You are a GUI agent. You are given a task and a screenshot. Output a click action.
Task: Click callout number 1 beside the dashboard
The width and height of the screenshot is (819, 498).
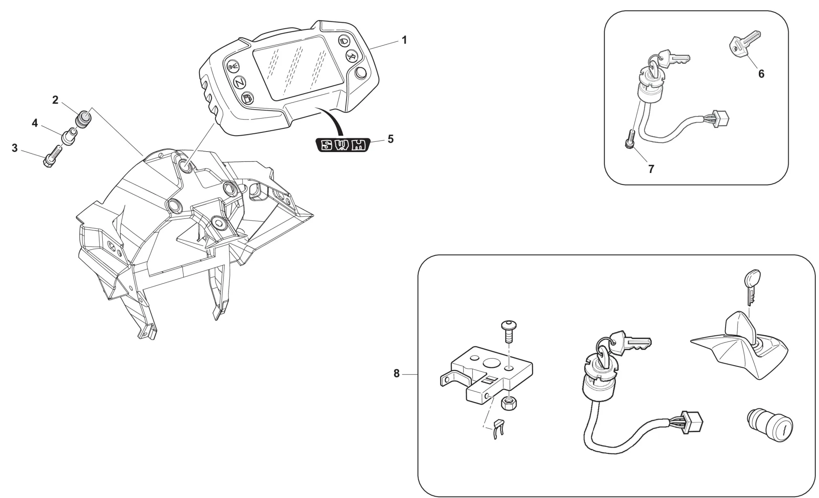coord(404,40)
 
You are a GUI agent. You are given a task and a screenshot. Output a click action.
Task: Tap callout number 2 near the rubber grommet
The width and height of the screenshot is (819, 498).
coord(55,100)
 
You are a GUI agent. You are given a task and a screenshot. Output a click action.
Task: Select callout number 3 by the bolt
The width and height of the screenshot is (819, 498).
coord(15,148)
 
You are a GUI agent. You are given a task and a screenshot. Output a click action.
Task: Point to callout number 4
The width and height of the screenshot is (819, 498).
coord(35,123)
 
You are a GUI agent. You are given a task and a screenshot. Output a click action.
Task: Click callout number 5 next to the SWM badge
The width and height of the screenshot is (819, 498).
coord(390,139)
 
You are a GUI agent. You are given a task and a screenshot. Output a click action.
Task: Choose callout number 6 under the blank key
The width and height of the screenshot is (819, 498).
coord(761,74)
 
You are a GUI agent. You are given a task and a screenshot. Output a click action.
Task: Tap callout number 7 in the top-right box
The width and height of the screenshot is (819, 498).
coord(651,169)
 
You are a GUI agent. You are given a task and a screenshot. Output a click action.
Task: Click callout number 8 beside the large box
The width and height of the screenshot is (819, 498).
coord(396,373)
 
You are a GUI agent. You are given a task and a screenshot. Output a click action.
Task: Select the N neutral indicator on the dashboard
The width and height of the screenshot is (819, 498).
coord(240,82)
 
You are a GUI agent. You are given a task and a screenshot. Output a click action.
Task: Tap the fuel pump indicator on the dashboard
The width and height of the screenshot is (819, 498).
coord(248,98)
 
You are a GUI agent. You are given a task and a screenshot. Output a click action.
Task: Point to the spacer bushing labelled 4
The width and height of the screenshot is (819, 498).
coord(68,136)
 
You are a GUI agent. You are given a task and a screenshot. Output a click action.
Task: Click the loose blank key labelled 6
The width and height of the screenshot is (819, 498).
coord(744,43)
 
